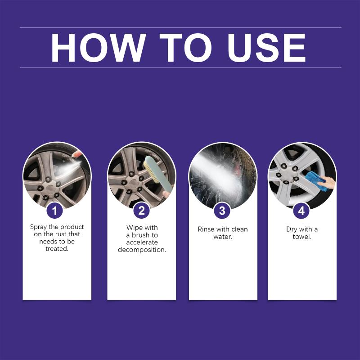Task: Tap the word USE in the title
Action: pyautogui.click(x=266, y=48)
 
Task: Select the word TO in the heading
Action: pyautogui.click(x=185, y=48)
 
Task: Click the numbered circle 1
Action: pyautogui.click(x=54, y=211)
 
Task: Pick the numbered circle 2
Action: pyautogui.click(x=142, y=211)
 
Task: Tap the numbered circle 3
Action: pyautogui.click(x=222, y=211)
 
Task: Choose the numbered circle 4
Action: pyautogui.click(x=301, y=211)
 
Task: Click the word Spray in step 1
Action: pyautogui.click(x=39, y=227)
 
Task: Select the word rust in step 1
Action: pyautogui.click(x=61, y=234)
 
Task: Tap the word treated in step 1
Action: pyautogui.click(x=57, y=249)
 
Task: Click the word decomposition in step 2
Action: pyautogui.click(x=142, y=250)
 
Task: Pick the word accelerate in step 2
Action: pyautogui.click(x=142, y=243)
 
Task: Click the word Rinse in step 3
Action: pyautogui.click(x=206, y=229)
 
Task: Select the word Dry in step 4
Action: pyautogui.click(x=291, y=229)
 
